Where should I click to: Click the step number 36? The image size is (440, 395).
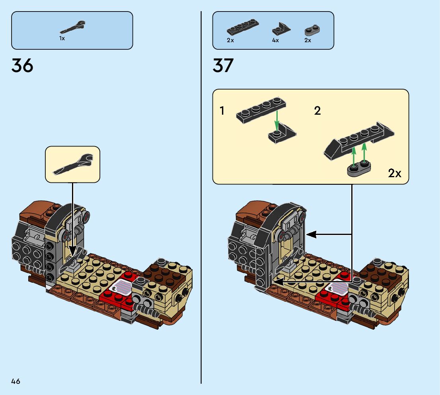tap(22, 65)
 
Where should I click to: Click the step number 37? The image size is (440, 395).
tap(223, 65)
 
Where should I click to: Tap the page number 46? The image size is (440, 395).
tap(16, 381)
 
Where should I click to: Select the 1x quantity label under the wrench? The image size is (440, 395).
tap(62, 39)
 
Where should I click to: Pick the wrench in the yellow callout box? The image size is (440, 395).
tap(73, 164)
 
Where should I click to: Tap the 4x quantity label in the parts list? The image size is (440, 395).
tap(275, 40)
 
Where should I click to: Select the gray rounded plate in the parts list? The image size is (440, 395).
tap(313, 30)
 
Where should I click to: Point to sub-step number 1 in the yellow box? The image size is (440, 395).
tap(222, 111)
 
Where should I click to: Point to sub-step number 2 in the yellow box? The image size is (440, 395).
tap(317, 111)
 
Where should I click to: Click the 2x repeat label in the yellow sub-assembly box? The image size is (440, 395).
tap(394, 173)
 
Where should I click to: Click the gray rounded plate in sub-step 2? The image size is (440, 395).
tap(358, 169)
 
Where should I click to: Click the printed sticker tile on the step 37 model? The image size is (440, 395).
tap(333, 287)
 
